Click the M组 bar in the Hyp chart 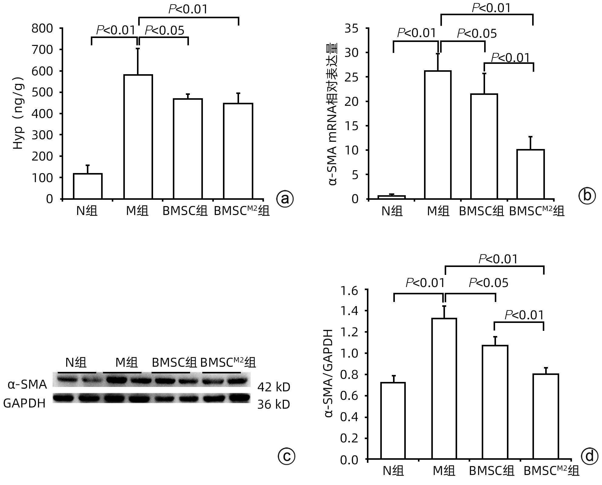(138, 137)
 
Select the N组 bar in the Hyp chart (88, 186)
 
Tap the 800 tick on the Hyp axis (42, 29)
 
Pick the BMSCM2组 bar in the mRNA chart (531, 174)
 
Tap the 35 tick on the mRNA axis (351, 29)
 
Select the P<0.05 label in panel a (164, 30)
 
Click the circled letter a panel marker (285, 199)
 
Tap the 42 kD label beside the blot (274, 387)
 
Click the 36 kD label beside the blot (274, 404)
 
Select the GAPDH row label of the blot (24, 403)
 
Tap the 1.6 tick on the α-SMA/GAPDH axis (349, 291)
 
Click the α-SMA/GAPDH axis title (329, 374)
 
